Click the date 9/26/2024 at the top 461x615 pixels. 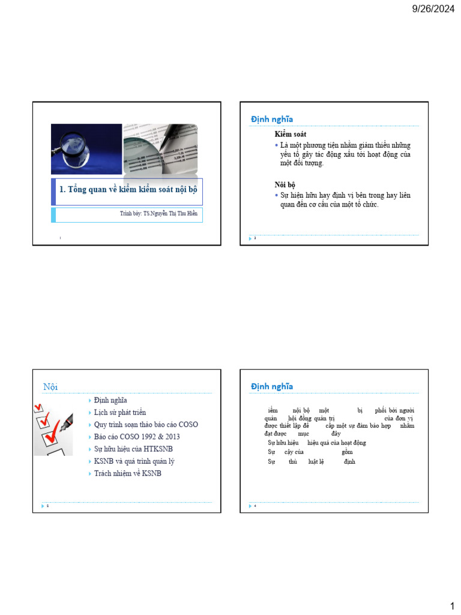433,8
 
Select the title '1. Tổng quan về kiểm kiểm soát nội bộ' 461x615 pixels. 128,189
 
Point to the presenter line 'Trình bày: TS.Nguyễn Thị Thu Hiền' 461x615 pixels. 158,213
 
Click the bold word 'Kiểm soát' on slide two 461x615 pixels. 291,134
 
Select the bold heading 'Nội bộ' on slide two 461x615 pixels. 285,184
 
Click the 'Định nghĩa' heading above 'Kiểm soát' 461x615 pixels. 272,120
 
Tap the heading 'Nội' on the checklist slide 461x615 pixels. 50,386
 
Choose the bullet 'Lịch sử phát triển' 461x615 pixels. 120,413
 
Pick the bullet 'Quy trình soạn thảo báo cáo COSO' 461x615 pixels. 146,425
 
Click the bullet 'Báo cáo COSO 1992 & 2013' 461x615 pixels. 137,437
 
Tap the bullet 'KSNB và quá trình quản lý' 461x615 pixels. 134,461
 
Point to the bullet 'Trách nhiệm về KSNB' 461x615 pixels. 128,473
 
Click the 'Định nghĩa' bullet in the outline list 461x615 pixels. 110,400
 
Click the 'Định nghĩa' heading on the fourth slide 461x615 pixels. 272,386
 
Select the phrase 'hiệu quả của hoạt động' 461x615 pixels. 337,443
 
